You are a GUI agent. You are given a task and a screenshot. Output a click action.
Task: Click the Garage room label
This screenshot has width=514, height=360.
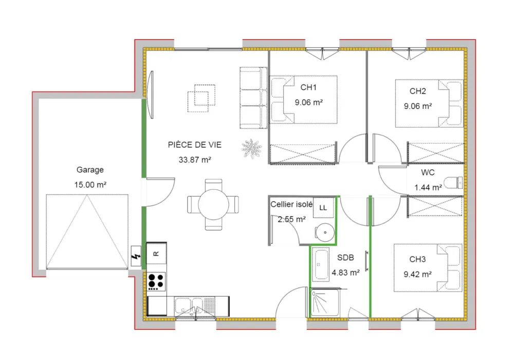coord(90,170)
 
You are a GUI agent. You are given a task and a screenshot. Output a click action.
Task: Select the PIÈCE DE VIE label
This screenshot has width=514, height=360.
coord(195,145)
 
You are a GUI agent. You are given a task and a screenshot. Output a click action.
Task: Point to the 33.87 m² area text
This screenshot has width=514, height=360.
coord(195,160)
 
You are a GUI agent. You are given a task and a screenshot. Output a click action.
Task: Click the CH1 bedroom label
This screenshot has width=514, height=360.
coord(309,87)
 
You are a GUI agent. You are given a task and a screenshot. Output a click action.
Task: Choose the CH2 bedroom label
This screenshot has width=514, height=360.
coord(418,92)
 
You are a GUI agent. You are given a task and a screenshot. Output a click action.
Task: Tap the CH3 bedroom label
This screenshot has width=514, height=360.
coord(418,259)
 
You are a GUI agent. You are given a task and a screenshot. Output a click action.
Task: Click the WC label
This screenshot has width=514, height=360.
coord(428,172)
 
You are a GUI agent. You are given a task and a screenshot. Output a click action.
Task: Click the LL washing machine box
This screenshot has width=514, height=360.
coord(323,208)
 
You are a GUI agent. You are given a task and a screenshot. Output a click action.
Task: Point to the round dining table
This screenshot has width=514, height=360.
coord(213,204)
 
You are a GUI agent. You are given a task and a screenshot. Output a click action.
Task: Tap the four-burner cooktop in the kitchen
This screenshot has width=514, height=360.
coord(156,281)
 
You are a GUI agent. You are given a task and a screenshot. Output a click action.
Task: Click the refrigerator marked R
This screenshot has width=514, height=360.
coord(157,253)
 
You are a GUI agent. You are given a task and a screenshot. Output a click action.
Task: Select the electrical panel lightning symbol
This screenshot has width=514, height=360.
coord(136,256)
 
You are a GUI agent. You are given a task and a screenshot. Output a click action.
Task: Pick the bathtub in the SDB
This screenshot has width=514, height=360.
coord(321,264)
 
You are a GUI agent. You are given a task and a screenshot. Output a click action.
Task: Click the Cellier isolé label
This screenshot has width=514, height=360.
coord(291,204)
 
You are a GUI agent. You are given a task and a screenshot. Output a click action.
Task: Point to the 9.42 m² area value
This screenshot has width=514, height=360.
coord(418,274)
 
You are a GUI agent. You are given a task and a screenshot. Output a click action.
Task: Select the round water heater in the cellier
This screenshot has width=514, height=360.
coord(324,232)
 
